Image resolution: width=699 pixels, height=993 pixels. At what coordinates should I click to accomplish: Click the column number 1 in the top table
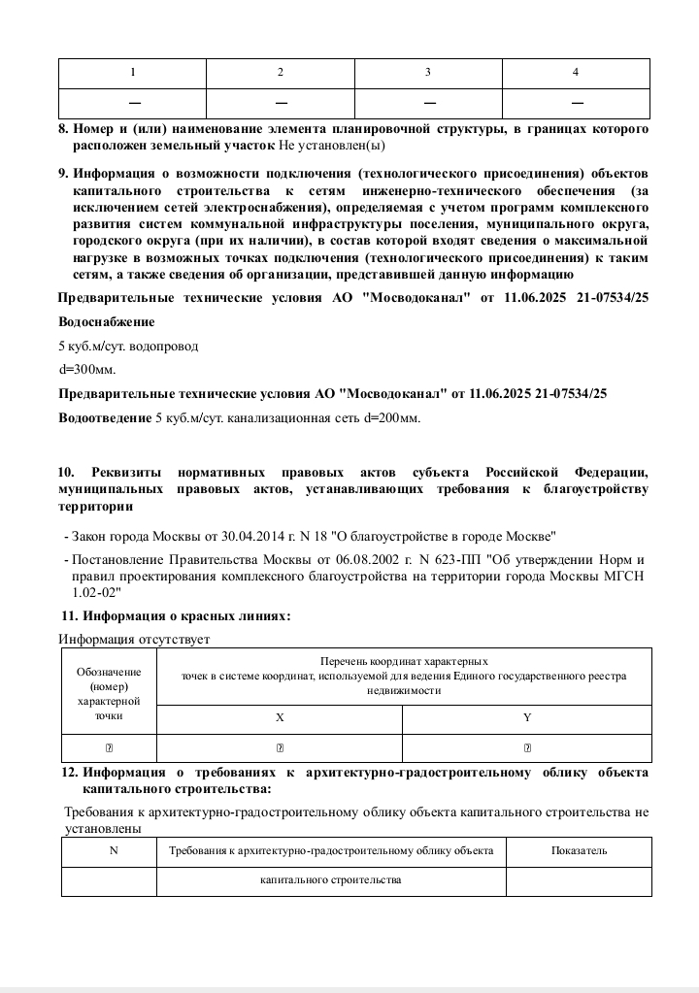click(133, 74)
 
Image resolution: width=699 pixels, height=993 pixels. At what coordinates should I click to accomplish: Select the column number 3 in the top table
click(428, 74)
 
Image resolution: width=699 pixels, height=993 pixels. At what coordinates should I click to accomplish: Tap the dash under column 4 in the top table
click(577, 103)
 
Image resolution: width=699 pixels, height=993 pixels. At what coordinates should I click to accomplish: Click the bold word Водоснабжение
click(107, 321)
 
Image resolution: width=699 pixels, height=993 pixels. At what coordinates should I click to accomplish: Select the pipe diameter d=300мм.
click(87, 370)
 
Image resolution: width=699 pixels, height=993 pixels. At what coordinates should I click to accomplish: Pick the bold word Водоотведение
click(105, 418)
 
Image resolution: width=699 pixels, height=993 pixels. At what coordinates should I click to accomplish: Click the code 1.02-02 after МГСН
click(94, 591)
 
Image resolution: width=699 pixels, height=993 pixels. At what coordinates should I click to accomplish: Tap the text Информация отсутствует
click(134, 639)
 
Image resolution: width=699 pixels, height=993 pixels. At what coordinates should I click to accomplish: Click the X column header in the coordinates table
click(280, 718)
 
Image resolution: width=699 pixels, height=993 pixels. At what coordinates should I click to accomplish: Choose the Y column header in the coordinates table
click(527, 718)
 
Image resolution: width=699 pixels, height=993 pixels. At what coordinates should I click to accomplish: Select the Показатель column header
click(580, 851)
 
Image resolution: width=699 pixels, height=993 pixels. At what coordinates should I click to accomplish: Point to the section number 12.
click(69, 773)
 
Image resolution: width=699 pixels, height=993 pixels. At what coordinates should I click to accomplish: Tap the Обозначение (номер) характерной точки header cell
click(109, 692)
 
